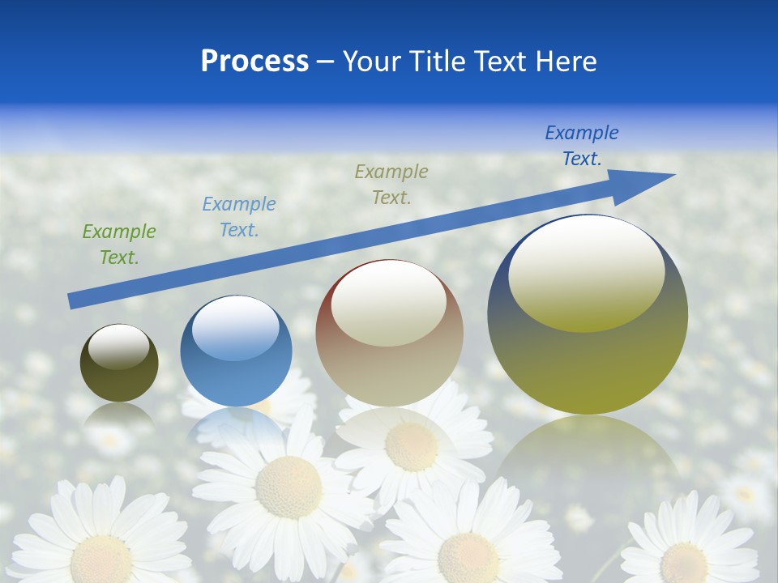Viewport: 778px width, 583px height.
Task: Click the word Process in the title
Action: pos(254,62)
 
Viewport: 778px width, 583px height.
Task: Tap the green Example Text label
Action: pos(118,245)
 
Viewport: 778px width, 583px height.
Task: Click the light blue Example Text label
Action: pos(238,217)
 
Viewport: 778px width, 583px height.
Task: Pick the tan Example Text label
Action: pos(391,185)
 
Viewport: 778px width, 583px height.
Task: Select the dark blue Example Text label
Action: pos(581,146)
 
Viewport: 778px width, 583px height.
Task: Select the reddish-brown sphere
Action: pos(389,356)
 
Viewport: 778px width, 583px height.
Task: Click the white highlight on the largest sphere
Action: pos(586,271)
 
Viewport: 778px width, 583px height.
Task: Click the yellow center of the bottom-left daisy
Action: pos(101,559)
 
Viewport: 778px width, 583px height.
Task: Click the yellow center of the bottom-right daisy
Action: pos(683,561)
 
